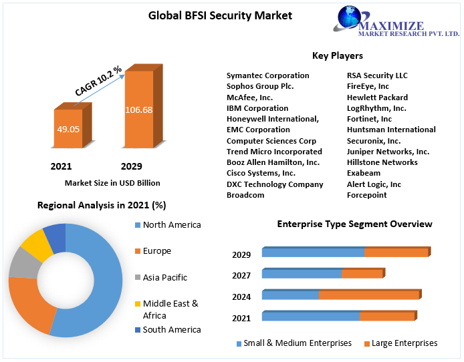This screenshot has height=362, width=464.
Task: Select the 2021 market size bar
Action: (x=68, y=128)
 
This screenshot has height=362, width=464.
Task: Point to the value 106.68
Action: (x=138, y=110)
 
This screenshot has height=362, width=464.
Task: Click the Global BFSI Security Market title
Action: (x=220, y=15)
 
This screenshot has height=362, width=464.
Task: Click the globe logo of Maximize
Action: (x=348, y=19)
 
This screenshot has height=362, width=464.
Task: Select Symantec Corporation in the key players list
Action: (x=267, y=75)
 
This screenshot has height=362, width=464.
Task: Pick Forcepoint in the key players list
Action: (x=366, y=195)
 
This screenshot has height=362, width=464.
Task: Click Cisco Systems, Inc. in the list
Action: (x=261, y=173)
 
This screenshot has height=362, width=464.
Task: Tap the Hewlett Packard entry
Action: (x=377, y=97)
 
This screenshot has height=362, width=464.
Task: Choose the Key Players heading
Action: (x=337, y=55)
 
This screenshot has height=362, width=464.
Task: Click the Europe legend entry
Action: (x=156, y=251)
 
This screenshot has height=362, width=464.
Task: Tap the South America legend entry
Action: (x=171, y=329)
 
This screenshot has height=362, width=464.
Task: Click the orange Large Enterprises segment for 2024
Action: (x=368, y=295)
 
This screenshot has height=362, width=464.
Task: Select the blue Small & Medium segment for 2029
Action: (x=313, y=252)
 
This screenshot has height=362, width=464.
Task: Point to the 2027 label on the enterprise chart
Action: (x=241, y=275)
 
